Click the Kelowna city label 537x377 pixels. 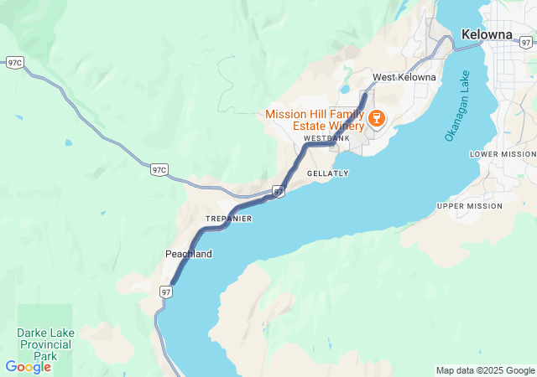pos(487,34)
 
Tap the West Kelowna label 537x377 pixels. pos(404,77)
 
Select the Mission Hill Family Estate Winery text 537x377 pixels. pos(315,120)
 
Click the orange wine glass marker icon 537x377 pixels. pos(376,117)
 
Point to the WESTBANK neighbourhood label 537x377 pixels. pos(326,138)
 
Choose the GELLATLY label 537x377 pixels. pos(327,173)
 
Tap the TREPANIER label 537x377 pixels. pos(228,219)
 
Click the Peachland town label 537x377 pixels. pos(188,254)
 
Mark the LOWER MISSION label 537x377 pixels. pos(502,154)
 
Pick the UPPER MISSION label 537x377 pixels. pos(469,206)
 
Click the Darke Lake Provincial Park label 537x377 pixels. pos(45,344)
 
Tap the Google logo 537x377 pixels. pos(28,367)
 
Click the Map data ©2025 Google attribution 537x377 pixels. pos(485,370)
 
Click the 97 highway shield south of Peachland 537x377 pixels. pos(166,292)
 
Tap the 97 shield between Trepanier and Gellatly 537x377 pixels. pos(279,192)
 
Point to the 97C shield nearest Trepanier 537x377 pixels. pos(159,170)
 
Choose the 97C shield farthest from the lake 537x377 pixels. pos(14,62)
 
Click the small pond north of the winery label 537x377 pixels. pos(344,88)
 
